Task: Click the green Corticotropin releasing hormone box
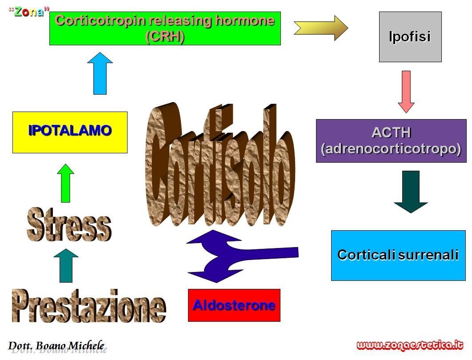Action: point(165,28)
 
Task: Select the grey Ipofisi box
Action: point(410,37)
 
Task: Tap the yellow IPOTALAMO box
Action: point(70,132)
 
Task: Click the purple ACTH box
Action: point(391,141)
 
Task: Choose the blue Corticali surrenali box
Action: point(398,256)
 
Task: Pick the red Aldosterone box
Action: point(234,305)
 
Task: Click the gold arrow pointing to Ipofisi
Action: point(321,28)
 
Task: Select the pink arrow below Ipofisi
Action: point(406,92)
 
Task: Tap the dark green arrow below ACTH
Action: point(411,192)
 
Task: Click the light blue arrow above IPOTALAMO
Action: point(100,73)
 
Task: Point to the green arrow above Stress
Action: point(65,183)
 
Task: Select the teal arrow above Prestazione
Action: point(66,265)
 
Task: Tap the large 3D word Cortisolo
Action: point(220,165)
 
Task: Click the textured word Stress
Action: point(69,225)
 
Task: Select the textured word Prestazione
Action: point(89,306)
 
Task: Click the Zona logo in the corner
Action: point(29,12)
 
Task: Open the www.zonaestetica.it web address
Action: point(410,345)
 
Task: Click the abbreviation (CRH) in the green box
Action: point(164,36)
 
